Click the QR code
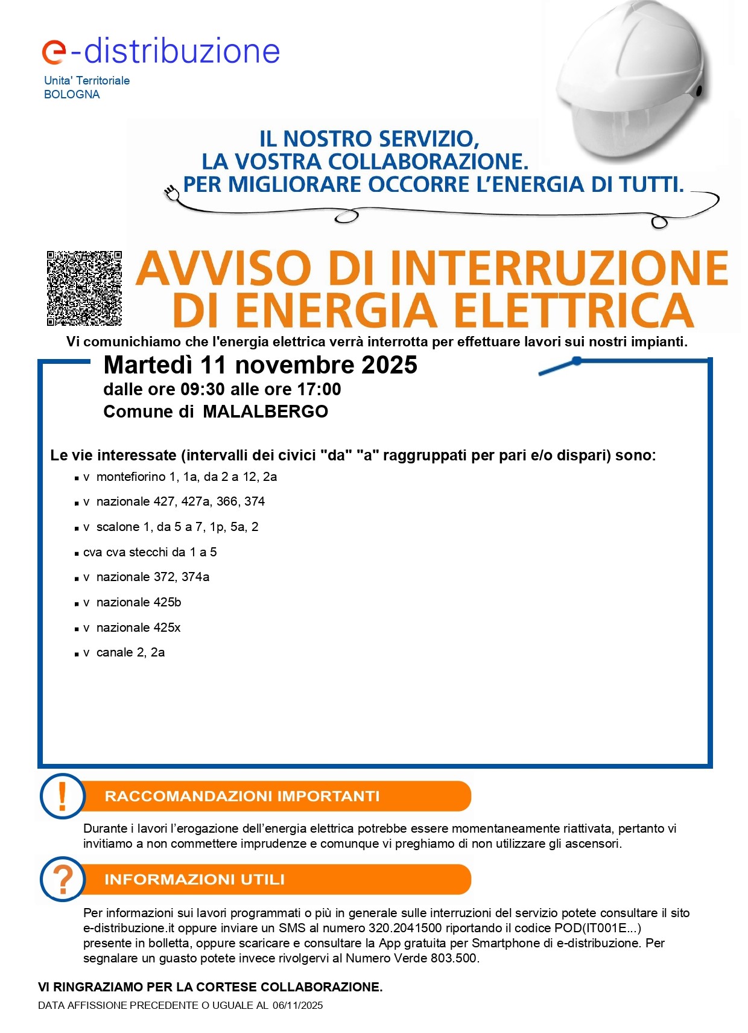(x=84, y=288)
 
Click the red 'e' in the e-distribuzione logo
(x=54, y=52)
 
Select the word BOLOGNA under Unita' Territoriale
(x=72, y=95)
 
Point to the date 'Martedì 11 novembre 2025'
(x=260, y=365)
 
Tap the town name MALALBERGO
(x=265, y=412)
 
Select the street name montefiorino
(x=131, y=477)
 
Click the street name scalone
(x=118, y=527)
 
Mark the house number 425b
(x=167, y=602)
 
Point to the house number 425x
(x=167, y=628)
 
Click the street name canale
(x=114, y=652)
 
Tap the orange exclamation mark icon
(x=62, y=796)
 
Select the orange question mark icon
(x=62, y=879)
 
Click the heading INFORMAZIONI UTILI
(x=194, y=879)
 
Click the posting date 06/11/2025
(x=297, y=1005)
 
